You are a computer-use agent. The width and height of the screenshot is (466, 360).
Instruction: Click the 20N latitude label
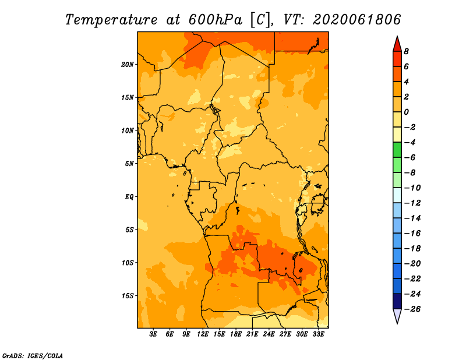click(127, 65)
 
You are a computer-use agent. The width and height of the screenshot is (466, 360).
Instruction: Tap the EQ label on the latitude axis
click(129, 197)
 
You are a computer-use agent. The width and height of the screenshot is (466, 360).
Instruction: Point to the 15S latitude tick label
click(128, 296)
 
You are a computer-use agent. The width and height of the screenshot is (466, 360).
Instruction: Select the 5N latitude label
click(129, 164)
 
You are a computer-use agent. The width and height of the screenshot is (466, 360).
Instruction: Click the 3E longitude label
click(153, 334)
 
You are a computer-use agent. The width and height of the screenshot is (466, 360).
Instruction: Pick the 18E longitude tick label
click(236, 334)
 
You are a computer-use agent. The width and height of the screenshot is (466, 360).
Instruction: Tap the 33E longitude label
click(318, 334)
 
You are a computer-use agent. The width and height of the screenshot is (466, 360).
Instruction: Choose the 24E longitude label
click(269, 334)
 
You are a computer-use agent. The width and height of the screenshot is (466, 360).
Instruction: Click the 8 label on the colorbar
click(406, 51)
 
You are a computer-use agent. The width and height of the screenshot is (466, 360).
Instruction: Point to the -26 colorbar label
click(412, 309)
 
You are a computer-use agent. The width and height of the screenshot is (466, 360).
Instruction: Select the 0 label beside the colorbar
click(406, 112)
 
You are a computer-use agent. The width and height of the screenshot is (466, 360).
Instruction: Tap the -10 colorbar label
click(412, 188)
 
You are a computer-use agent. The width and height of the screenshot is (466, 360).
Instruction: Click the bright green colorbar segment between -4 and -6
click(397, 150)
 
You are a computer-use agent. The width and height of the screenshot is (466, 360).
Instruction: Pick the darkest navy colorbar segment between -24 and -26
click(397, 301)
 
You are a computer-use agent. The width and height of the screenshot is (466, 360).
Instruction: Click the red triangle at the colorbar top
click(397, 44)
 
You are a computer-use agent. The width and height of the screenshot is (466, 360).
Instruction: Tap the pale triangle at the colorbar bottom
click(397, 316)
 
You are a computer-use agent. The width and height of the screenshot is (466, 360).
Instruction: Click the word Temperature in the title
click(111, 20)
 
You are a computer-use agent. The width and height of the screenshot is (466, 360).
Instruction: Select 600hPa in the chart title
click(216, 20)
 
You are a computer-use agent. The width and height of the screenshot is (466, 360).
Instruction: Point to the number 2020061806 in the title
click(356, 20)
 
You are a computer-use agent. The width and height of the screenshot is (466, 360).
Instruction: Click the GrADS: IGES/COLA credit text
click(33, 356)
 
